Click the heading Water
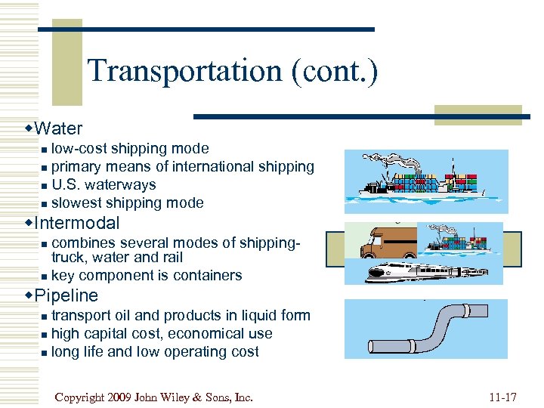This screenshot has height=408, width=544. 58,128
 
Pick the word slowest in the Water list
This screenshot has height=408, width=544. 76,203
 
